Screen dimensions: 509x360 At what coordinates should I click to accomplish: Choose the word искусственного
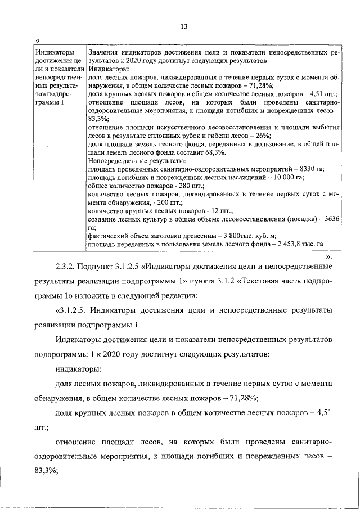[167, 128]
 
